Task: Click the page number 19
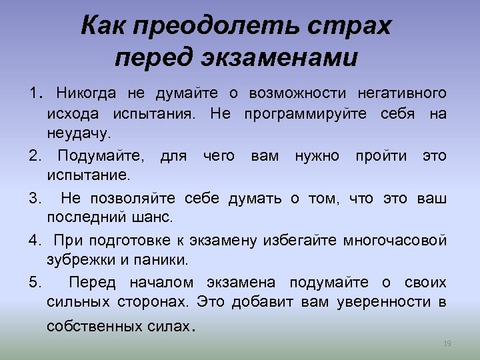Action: (x=447, y=343)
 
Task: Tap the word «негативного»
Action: (x=402, y=93)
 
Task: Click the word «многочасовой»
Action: (x=395, y=240)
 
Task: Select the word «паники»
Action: (x=165, y=259)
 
